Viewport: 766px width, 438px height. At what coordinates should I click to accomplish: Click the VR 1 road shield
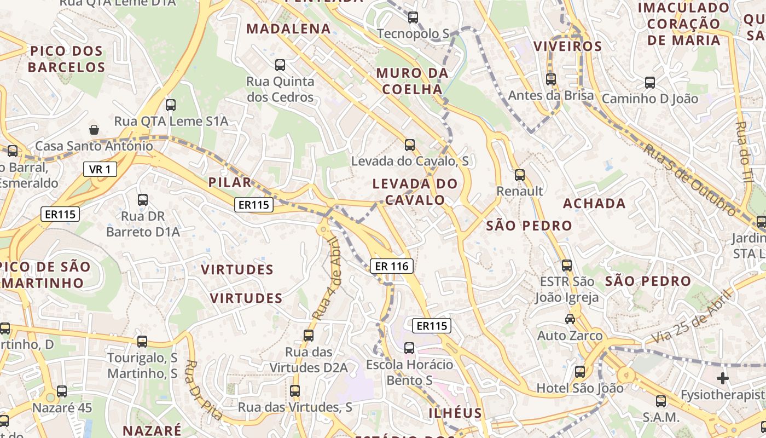100,169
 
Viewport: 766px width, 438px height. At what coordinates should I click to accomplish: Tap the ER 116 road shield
392,267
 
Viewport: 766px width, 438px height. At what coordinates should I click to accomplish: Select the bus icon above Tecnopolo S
413,18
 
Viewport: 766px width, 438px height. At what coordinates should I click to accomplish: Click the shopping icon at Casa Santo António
94,130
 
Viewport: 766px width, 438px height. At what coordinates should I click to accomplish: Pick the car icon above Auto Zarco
570,319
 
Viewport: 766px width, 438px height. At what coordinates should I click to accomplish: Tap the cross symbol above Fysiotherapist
723,378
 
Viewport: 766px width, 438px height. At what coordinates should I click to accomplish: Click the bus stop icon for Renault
520,175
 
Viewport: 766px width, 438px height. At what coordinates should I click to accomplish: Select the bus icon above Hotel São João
580,372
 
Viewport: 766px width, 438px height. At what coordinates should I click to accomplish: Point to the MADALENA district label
289,29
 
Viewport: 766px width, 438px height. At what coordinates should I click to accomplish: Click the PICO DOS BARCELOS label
67,59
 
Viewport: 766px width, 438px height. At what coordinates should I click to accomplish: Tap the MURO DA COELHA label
413,81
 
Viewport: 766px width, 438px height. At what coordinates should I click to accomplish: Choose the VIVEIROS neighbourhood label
567,46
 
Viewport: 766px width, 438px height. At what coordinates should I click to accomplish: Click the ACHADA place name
595,204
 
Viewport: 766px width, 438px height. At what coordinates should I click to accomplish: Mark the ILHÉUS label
455,413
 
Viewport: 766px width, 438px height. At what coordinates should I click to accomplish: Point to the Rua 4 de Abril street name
327,279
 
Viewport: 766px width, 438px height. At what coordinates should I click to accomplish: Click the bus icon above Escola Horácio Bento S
409,348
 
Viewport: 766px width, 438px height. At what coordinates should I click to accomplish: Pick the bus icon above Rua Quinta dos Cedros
280,65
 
